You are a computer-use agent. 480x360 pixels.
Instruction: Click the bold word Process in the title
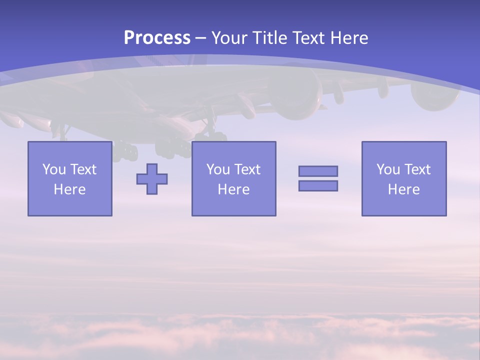(157, 38)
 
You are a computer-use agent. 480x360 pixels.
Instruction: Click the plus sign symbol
(152, 178)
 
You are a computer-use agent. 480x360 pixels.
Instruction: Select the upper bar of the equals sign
(318, 171)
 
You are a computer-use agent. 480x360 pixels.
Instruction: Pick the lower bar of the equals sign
(318, 186)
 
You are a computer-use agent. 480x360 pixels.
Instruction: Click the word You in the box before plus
(53, 169)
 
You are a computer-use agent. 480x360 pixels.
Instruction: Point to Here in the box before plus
(70, 189)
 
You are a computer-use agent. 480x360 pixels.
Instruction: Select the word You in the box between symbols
(217, 169)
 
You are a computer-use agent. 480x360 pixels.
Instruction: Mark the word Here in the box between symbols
(233, 189)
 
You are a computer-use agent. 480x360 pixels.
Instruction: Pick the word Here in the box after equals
(404, 189)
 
